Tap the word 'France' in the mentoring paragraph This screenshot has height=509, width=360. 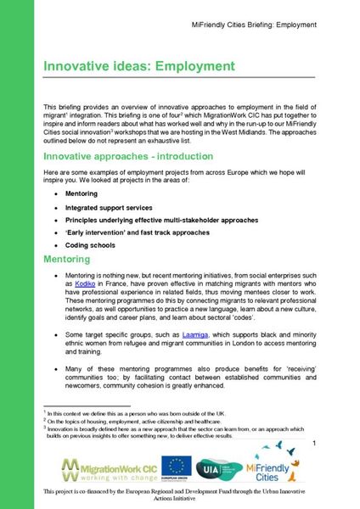click(x=115, y=287)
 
